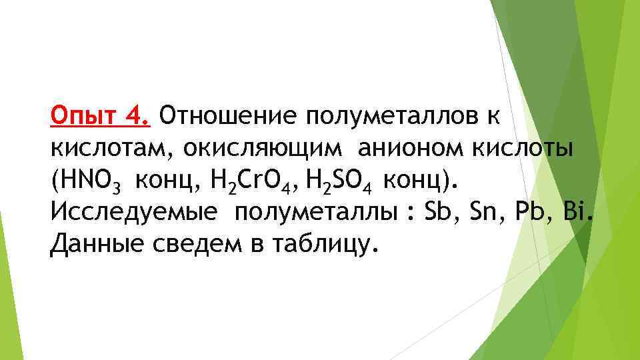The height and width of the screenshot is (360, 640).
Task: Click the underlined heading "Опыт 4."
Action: [101, 117]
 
